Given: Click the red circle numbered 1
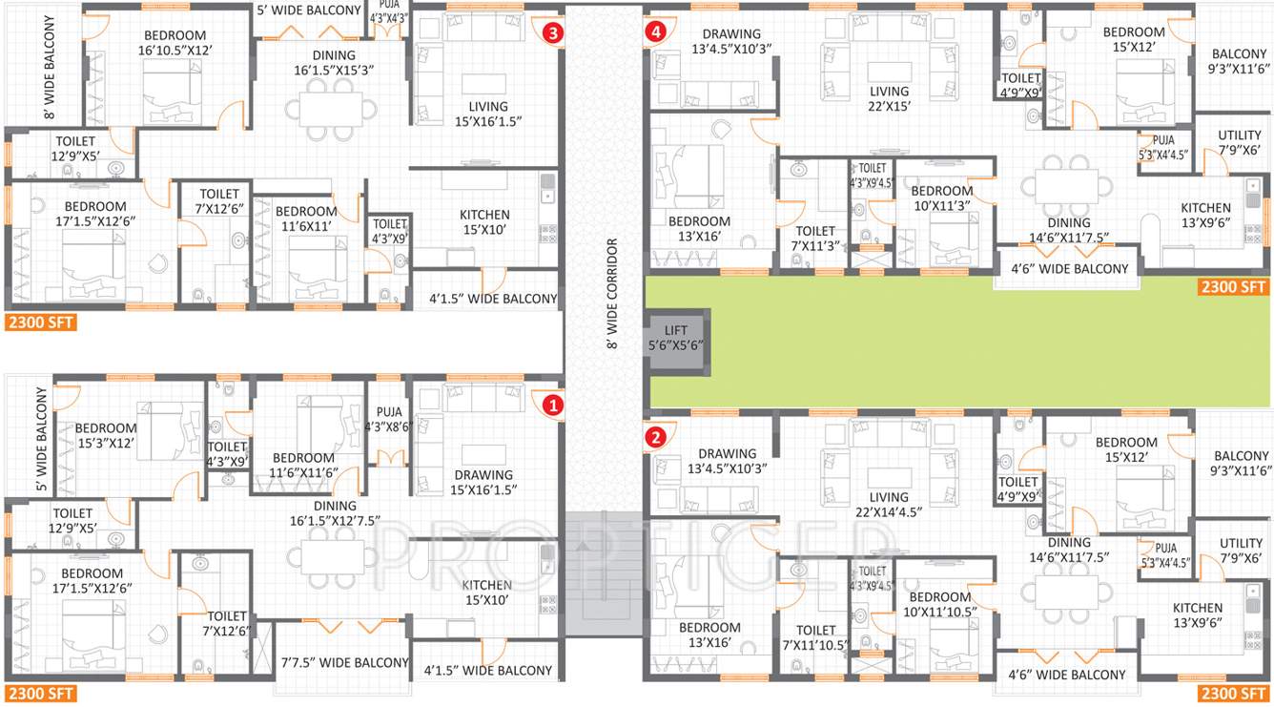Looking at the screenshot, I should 551,405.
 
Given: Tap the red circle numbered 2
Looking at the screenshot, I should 655,438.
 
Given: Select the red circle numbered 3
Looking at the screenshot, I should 552,32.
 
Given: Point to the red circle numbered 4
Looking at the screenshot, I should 655,31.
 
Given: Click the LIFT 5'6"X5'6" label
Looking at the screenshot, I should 676,338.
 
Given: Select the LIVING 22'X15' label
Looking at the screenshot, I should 889,99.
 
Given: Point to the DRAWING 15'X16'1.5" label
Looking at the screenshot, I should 483,482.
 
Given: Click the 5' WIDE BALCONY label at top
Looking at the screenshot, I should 309,10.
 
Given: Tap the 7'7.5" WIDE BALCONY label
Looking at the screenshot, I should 344,662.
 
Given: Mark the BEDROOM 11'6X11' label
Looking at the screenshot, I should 305,218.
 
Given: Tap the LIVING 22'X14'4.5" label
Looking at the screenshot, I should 889,505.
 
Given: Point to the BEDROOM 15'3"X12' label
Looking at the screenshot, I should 106,435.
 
